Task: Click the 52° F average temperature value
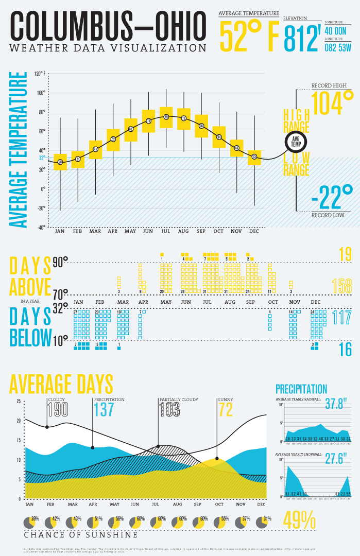pos(249,37)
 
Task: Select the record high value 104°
pos(332,103)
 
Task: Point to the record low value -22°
pos(332,198)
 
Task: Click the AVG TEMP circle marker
pos(296,142)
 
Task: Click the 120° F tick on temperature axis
pos(40,74)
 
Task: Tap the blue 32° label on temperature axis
pos(42,158)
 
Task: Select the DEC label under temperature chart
pos(254,231)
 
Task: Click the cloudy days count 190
pos(58,409)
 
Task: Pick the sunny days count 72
pos(226,409)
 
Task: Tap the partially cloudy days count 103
pos(169,409)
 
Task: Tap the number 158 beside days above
pos(341,286)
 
